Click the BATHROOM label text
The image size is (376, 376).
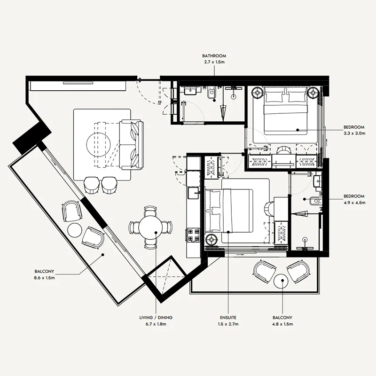[x=214, y=56]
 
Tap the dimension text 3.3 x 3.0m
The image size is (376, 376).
[x=354, y=133]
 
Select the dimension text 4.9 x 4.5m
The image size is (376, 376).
[x=354, y=203]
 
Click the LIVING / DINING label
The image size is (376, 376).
[x=156, y=318]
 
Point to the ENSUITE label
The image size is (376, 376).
[x=228, y=318]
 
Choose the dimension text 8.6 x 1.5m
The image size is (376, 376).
[x=44, y=278]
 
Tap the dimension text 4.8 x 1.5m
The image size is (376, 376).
[x=282, y=324]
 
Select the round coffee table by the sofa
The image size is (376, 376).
[x=99, y=144]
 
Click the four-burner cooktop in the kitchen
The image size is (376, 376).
[x=194, y=235]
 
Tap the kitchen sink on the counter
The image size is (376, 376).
[x=194, y=193]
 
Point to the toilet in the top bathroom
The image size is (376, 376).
[x=211, y=94]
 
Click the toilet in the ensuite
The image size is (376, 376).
[x=314, y=201]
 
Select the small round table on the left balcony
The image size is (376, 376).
[x=75, y=230]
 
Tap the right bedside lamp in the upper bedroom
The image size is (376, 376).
[x=313, y=92]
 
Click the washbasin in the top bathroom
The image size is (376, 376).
[x=191, y=90]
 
